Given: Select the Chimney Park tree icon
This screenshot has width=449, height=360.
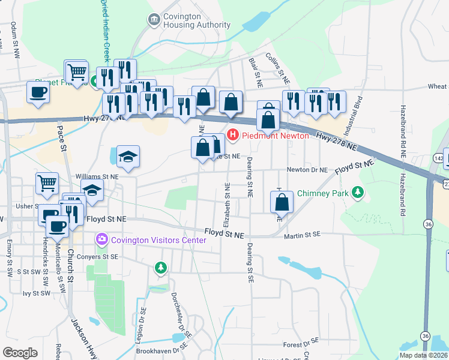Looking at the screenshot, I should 358,193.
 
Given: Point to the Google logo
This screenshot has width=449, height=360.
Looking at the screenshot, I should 20,352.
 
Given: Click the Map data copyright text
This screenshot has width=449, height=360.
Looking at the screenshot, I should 423,355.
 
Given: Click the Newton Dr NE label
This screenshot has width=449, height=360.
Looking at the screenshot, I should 307,170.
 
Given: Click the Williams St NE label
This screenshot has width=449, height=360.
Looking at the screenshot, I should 97,176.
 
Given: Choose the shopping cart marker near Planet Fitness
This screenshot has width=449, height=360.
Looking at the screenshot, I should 77,73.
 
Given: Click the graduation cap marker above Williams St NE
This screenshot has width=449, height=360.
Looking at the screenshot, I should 128,157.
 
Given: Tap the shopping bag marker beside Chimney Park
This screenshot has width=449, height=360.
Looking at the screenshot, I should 282,203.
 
